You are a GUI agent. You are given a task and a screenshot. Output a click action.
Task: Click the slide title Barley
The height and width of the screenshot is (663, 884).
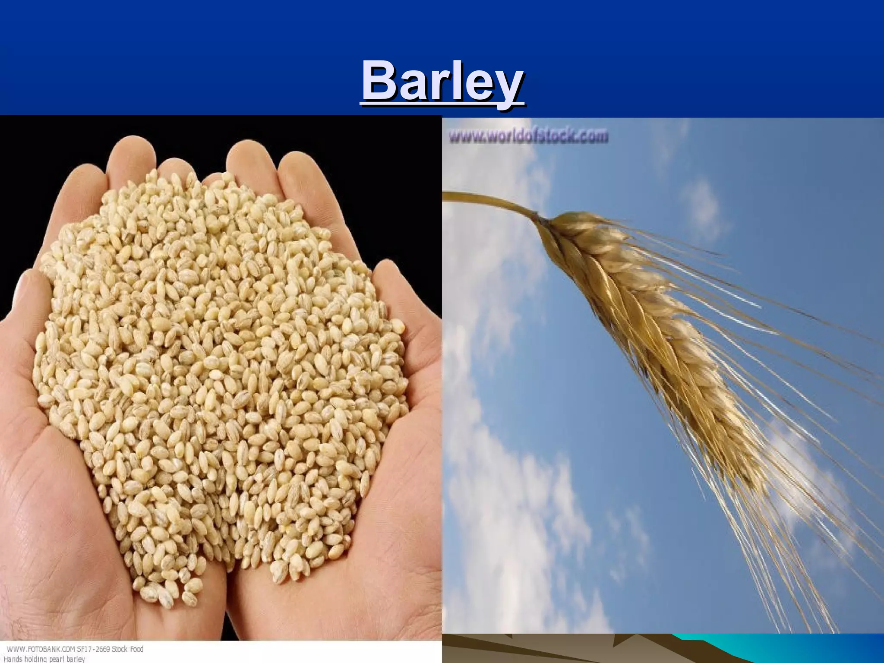pos(442,82)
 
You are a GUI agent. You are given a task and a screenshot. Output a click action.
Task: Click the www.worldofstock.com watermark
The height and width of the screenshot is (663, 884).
pos(528,137)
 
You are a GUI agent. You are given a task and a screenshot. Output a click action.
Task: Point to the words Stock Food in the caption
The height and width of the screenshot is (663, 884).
pos(124,649)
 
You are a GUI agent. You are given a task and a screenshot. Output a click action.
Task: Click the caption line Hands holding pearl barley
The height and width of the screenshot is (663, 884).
pos(43,659)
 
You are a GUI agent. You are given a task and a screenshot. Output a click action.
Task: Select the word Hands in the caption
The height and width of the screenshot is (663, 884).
pos(13,659)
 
